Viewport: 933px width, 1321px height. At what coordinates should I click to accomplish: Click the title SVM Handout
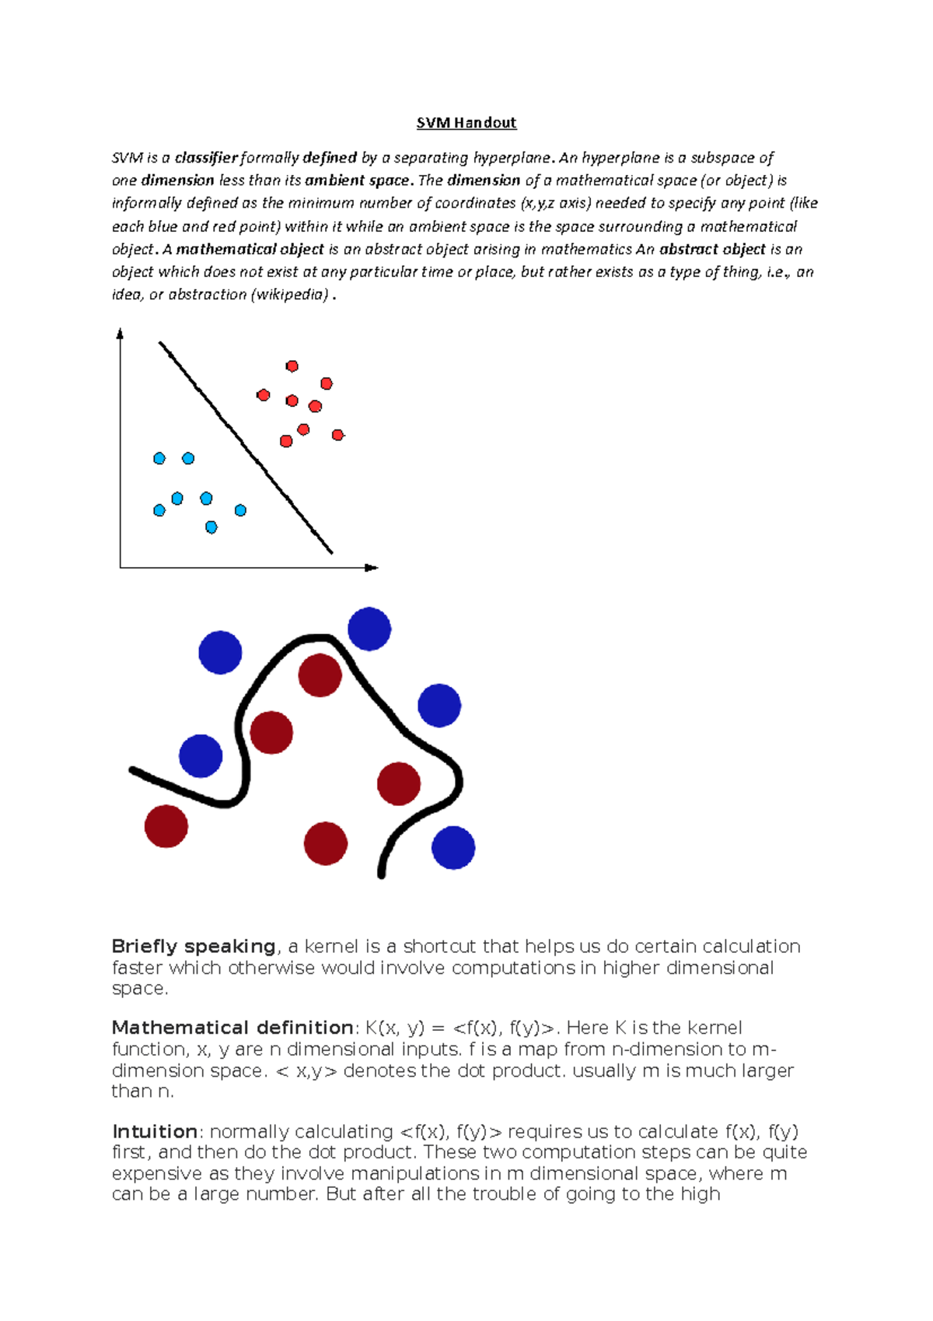[x=466, y=123]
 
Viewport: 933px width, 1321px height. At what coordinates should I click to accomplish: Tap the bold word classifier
[x=206, y=158]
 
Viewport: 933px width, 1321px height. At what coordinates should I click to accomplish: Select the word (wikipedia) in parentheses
[x=291, y=295]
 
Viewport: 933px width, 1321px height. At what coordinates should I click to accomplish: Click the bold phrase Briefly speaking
[x=194, y=947]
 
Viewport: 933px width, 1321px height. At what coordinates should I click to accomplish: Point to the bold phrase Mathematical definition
[x=232, y=1028]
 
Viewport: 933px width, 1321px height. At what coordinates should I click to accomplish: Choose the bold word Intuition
[x=155, y=1132]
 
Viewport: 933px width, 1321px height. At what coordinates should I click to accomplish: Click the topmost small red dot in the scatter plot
[x=292, y=366]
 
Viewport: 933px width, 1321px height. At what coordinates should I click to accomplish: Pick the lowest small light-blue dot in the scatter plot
[x=211, y=527]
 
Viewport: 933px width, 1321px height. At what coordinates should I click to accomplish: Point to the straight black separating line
[x=246, y=447]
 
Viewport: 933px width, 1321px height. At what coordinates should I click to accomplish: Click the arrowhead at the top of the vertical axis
[x=120, y=334]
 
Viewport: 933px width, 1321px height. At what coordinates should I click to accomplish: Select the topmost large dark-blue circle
[x=369, y=629]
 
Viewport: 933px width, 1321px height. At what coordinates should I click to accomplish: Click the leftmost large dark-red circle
[x=166, y=826]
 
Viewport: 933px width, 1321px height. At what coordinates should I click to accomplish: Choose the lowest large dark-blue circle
[x=453, y=848]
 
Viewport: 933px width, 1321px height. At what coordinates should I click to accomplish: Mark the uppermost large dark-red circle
[x=320, y=675]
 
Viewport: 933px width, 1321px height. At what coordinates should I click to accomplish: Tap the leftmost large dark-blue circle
[x=201, y=756]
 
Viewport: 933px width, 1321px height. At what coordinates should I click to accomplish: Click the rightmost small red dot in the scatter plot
[x=337, y=435]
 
